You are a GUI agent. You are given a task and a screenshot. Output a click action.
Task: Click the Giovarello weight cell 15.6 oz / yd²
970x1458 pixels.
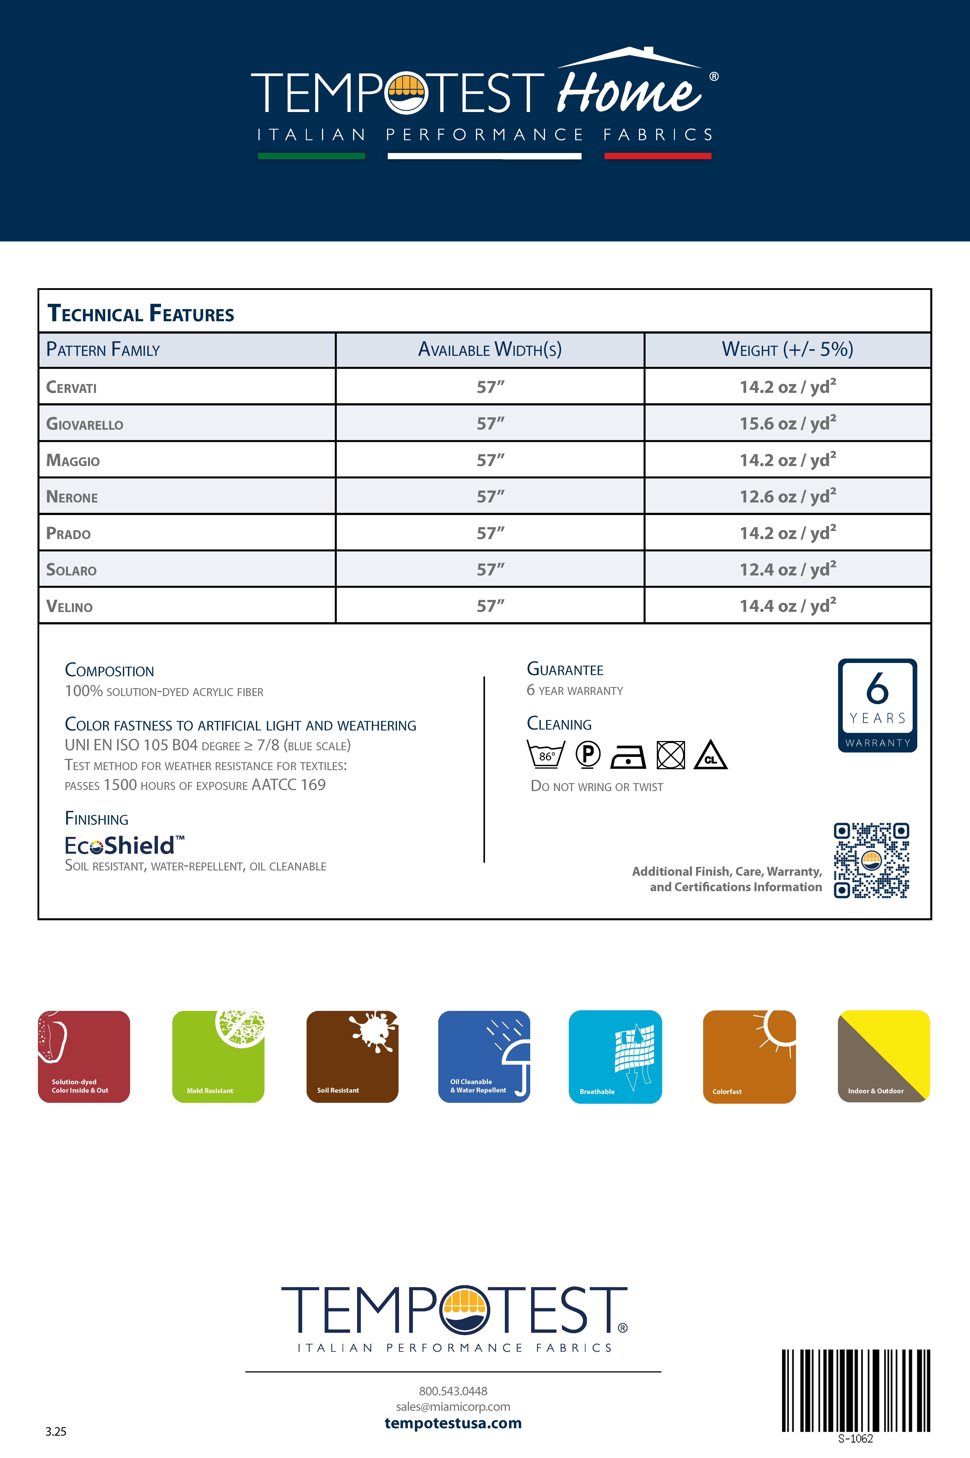(x=788, y=424)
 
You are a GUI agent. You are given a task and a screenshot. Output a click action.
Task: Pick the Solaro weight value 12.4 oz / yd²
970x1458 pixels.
(x=788, y=569)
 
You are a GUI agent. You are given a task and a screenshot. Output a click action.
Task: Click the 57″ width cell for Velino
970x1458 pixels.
(x=490, y=606)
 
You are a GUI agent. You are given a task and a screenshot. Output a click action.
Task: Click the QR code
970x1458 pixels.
(x=871, y=860)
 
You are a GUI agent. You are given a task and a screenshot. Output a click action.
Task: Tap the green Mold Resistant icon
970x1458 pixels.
(x=218, y=1057)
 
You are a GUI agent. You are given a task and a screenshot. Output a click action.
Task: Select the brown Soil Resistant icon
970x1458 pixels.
(x=352, y=1057)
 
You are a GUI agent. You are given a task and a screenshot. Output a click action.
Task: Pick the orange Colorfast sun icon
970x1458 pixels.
(x=749, y=1057)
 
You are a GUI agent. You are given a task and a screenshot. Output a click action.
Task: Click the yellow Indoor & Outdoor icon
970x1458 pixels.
(x=883, y=1057)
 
